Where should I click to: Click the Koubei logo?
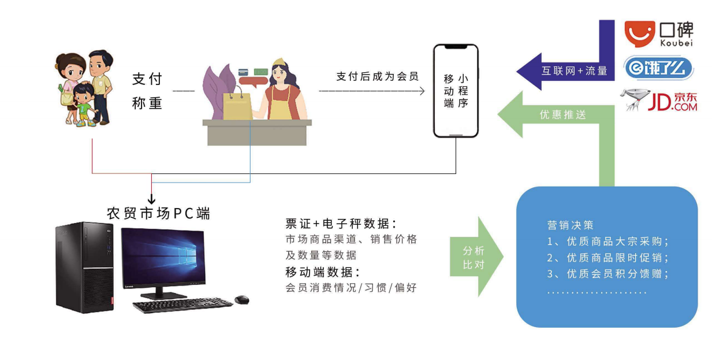[x=659, y=34]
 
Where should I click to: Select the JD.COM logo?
[x=658, y=101]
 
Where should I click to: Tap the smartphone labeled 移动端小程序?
[x=456, y=91]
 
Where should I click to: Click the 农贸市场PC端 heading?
[x=158, y=213]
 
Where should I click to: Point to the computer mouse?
[x=241, y=299]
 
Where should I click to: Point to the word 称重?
[x=147, y=103]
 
